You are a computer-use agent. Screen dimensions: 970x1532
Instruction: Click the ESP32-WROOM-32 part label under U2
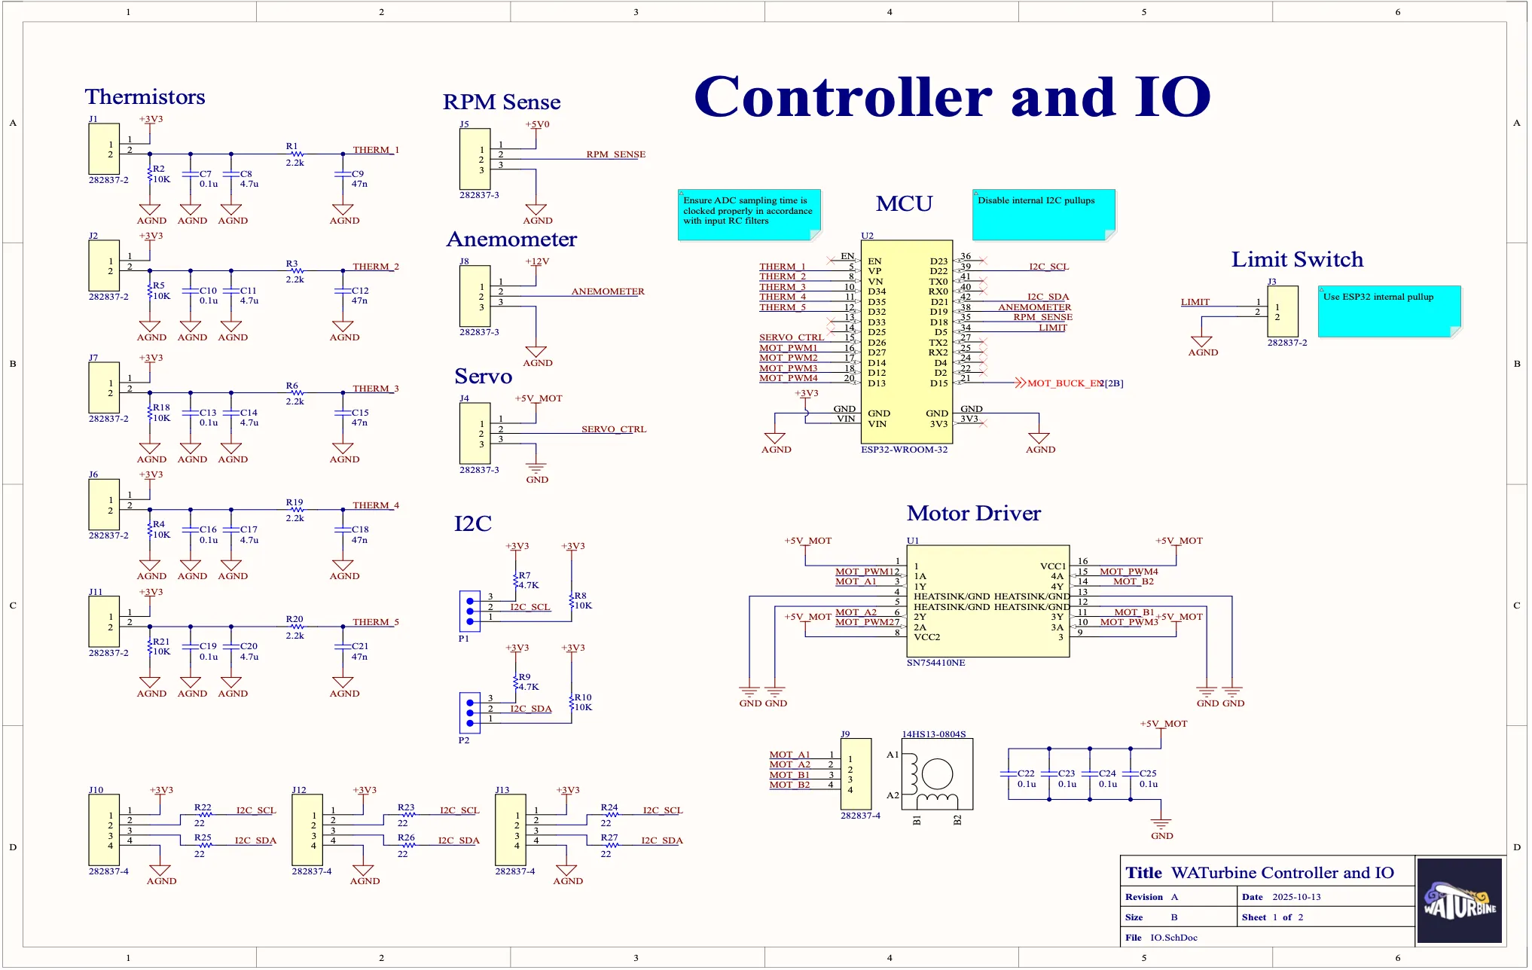coord(904,450)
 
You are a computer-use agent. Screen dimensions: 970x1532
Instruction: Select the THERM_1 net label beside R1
coord(375,150)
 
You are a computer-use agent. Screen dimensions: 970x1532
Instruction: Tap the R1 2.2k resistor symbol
coord(296,154)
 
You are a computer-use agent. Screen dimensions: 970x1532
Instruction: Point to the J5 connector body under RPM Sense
coord(475,159)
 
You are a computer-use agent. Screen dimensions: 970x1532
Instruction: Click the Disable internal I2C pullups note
coord(1043,215)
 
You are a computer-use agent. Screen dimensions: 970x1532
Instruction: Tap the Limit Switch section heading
coord(1297,260)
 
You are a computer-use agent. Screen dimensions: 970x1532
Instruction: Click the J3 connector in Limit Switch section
coord(1282,311)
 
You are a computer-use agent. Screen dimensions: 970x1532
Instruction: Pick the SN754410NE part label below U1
coord(935,663)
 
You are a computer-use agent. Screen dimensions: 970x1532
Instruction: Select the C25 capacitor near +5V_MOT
coord(1130,774)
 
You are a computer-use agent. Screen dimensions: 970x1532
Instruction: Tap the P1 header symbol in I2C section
coord(469,611)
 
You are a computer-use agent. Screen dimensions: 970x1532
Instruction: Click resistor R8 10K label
coord(581,600)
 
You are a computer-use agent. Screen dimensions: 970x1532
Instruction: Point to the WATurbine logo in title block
coord(1459,901)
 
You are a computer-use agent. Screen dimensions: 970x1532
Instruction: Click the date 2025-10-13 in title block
coord(1295,897)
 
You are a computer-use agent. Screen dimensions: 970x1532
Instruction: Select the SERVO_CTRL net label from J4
coord(613,429)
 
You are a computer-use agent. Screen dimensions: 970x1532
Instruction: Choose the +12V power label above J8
coord(537,261)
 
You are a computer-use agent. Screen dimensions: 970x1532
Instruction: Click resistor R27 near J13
coord(609,844)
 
